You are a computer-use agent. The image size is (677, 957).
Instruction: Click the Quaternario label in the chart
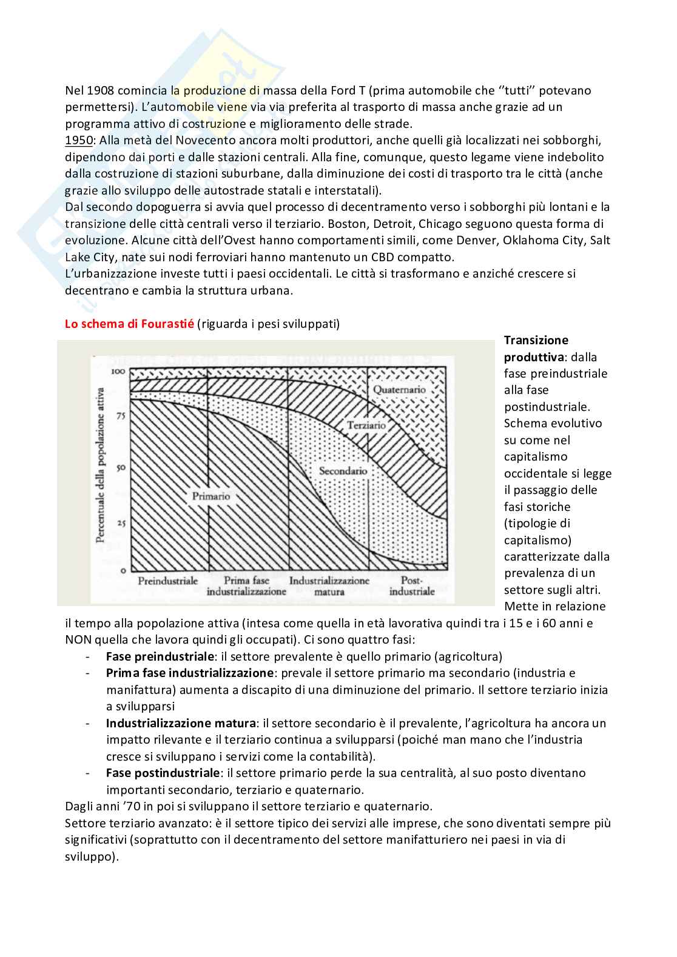coord(399,390)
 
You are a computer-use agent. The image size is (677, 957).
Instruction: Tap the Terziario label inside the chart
coord(366,425)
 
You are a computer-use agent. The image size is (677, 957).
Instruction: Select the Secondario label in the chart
coord(343,471)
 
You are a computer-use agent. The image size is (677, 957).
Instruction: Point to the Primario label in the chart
coord(211,496)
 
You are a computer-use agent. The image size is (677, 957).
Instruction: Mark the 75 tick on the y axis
coord(121,416)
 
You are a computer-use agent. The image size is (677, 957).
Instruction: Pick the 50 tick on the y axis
coord(121,468)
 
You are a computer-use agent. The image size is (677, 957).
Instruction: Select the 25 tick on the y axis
coord(121,522)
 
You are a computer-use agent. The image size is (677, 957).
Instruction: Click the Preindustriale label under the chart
coord(168,581)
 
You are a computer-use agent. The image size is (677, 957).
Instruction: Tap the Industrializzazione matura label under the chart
coord(329,586)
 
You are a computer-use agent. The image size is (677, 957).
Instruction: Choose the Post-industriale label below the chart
coord(412,586)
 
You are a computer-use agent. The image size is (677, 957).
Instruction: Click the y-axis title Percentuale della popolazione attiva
coord(101,465)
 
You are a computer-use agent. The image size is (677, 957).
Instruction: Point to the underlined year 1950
coord(79,140)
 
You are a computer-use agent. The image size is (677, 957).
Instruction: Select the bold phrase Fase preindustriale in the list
coord(160,656)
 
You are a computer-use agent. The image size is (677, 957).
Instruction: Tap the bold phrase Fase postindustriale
coord(163,773)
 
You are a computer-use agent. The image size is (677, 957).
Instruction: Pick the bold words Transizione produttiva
coord(536,348)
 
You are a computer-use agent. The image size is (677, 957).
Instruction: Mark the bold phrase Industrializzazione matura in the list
coord(181,723)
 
